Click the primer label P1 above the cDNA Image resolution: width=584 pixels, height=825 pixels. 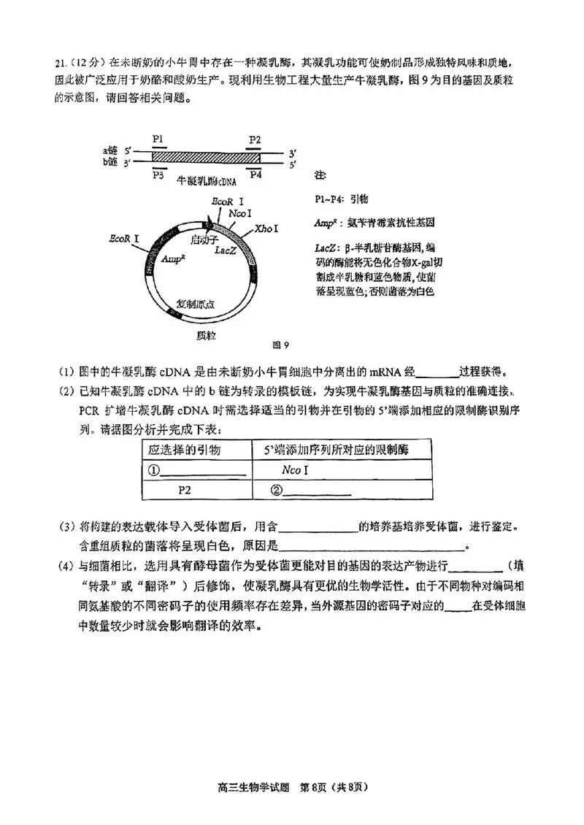[x=158, y=138]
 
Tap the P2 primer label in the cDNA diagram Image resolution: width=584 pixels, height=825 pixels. [x=254, y=139]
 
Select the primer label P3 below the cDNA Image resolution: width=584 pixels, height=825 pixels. [x=158, y=174]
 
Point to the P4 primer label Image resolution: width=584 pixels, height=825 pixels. [x=255, y=174]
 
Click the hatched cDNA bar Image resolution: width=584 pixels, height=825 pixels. [x=206, y=157]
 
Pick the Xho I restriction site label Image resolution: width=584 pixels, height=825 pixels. [x=266, y=229]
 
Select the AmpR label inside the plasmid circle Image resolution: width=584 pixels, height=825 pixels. [x=172, y=258]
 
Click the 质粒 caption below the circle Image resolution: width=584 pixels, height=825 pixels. [x=207, y=335]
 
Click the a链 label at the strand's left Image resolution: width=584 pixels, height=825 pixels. [x=110, y=151]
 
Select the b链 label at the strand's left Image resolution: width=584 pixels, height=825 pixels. [x=110, y=161]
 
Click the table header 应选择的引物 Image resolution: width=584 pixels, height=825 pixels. [x=184, y=450]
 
